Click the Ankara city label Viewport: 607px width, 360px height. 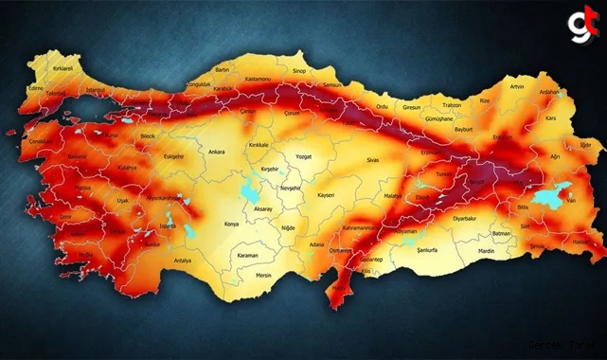coord(216,151)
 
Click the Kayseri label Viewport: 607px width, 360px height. coord(326,194)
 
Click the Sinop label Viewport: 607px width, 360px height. coord(299,70)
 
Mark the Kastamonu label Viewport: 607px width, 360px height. coord(259,78)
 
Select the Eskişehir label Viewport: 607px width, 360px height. coord(174,155)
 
